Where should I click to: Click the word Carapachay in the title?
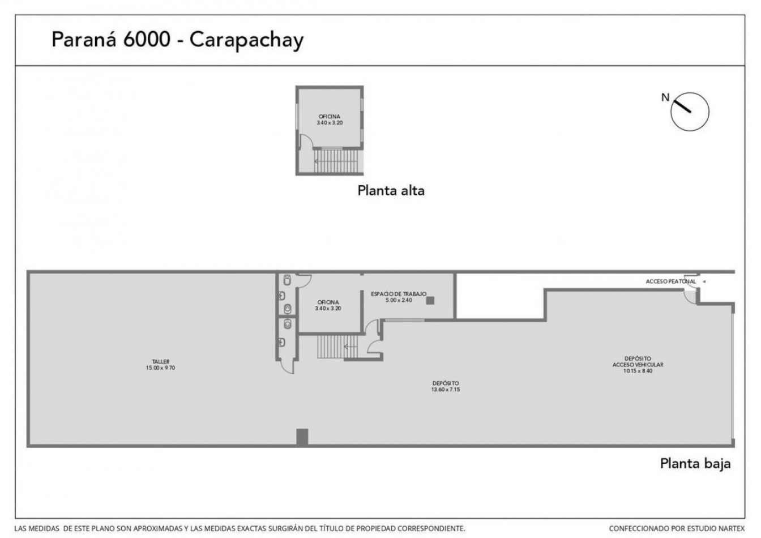(x=246, y=41)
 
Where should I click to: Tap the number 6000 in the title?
(x=147, y=39)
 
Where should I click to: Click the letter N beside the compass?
(x=665, y=97)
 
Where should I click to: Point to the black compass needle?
(x=682, y=106)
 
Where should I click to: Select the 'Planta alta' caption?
(x=391, y=191)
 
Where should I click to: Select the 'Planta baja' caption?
(x=695, y=464)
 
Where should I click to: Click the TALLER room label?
(x=160, y=362)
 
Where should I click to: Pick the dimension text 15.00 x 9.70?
(x=160, y=368)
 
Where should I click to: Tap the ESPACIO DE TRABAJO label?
(x=399, y=294)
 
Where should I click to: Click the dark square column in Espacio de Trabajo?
(x=430, y=301)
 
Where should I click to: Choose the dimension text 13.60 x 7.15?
(x=446, y=390)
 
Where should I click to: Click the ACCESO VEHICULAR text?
(x=638, y=365)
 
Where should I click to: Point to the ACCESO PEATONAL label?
(x=670, y=281)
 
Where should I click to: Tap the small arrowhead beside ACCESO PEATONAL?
(x=704, y=281)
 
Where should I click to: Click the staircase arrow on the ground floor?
(x=350, y=347)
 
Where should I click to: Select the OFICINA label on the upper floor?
(x=329, y=117)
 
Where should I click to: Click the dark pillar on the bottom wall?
(x=302, y=437)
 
